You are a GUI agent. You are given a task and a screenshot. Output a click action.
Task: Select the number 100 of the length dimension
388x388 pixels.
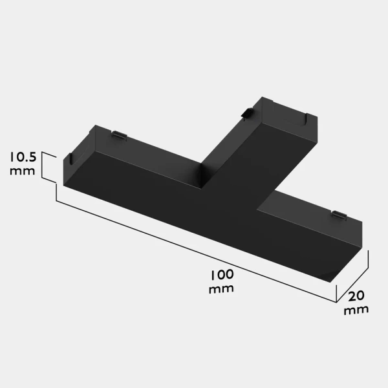[221, 274]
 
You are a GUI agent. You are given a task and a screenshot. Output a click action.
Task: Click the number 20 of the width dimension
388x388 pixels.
[356, 296]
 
